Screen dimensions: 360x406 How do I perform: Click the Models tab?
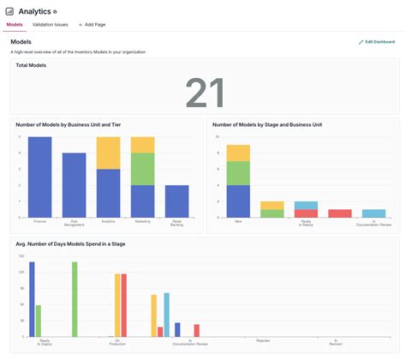click(15, 25)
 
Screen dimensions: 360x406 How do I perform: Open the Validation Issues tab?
click(50, 25)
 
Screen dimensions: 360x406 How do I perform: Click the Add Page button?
click(92, 25)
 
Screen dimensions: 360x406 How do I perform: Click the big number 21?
click(205, 93)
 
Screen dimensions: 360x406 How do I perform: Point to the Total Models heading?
click(32, 65)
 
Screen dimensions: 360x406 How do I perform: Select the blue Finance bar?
click(39, 177)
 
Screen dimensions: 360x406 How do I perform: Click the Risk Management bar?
click(75, 184)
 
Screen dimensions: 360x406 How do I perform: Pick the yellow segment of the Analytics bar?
click(108, 153)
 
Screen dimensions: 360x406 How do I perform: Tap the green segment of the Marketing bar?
click(142, 169)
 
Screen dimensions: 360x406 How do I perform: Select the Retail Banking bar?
click(176, 201)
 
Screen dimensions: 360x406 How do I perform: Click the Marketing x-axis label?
click(142, 221)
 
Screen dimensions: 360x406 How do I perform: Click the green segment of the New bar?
click(238, 173)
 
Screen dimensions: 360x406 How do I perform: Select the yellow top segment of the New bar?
click(238, 153)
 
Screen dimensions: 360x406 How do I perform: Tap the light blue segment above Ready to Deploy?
click(306, 206)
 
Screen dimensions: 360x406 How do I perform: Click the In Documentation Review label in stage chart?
click(373, 223)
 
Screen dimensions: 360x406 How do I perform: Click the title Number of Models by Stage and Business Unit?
click(268, 124)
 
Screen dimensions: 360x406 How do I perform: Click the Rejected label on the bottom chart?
click(263, 340)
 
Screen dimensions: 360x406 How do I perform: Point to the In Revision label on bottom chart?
click(337, 342)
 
